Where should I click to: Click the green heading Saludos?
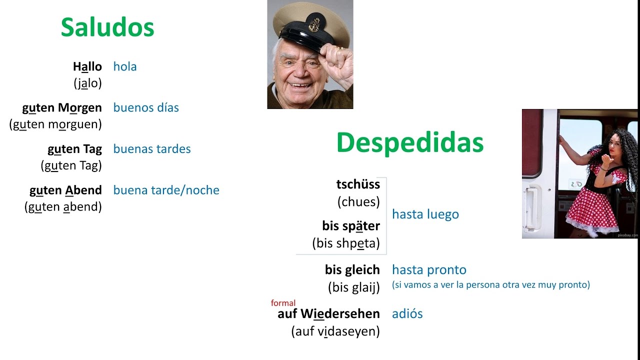pos(107,27)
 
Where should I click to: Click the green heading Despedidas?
pos(410,143)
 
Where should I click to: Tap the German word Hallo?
pos(87,66)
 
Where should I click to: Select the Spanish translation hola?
pos(125,66)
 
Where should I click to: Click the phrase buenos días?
pos(146,107)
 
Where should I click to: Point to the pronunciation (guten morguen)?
pos(55,124)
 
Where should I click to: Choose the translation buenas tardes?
pos(152,149)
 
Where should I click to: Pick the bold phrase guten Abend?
pos(65,190)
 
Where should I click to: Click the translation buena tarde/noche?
pos(166,190)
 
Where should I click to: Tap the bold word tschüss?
pos(358,184)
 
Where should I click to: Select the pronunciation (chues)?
pos(358,201)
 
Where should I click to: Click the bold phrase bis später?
pos(351,226)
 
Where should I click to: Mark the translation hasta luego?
pos(425,214)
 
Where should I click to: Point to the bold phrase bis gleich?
pos(352,270)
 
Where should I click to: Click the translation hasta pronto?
pos(429,270)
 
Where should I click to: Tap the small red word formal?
pos(283,303)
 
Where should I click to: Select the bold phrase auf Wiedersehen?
pos(328,314)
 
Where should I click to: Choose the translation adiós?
pos(407,314)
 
